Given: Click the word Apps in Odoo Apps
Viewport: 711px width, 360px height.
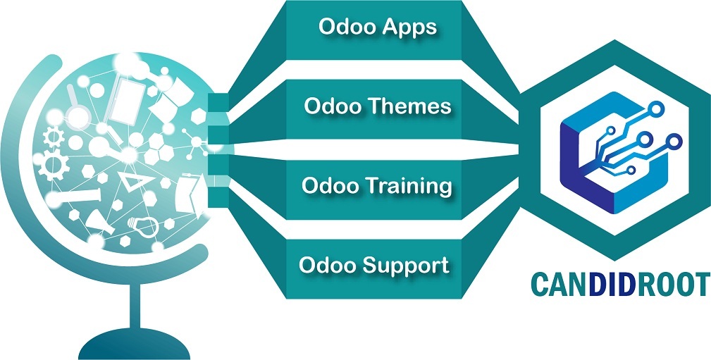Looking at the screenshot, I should pos(409,28).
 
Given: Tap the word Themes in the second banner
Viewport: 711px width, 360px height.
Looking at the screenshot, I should pos(416,107).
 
